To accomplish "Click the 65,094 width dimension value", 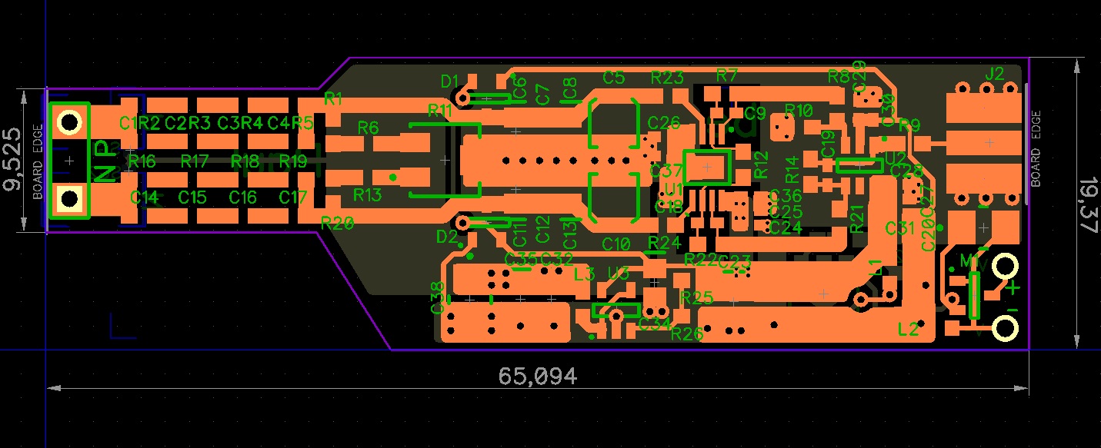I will [537, 376].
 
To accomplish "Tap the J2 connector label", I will [994, 74].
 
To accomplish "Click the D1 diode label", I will [449, 81].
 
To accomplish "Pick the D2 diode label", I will [446, 237].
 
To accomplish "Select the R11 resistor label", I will [440, 110].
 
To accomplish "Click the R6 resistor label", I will [369, 128].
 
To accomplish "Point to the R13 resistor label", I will [367, 195].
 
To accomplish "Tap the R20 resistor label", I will [337, 223].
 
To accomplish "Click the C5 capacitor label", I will [613, 77].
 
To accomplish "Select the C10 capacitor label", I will [616, 244].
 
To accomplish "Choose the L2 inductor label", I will [908, 329].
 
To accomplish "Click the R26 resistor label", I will [686, 334].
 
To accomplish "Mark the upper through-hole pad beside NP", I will [70, 122].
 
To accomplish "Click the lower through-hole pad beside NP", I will [70, 199].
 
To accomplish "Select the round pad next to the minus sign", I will [1004, 328].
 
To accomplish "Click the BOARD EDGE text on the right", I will [1036, 149].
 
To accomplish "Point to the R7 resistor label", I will [726, 75].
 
